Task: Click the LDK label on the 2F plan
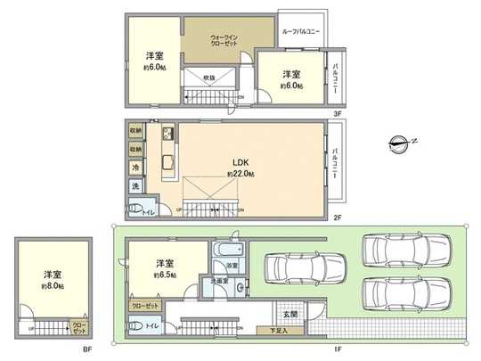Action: click(x=240, y=162)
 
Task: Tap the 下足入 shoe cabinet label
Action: click(x=287, y=332)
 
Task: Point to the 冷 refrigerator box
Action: click(x=135, y=168)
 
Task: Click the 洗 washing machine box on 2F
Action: click(x=135, y=185)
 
